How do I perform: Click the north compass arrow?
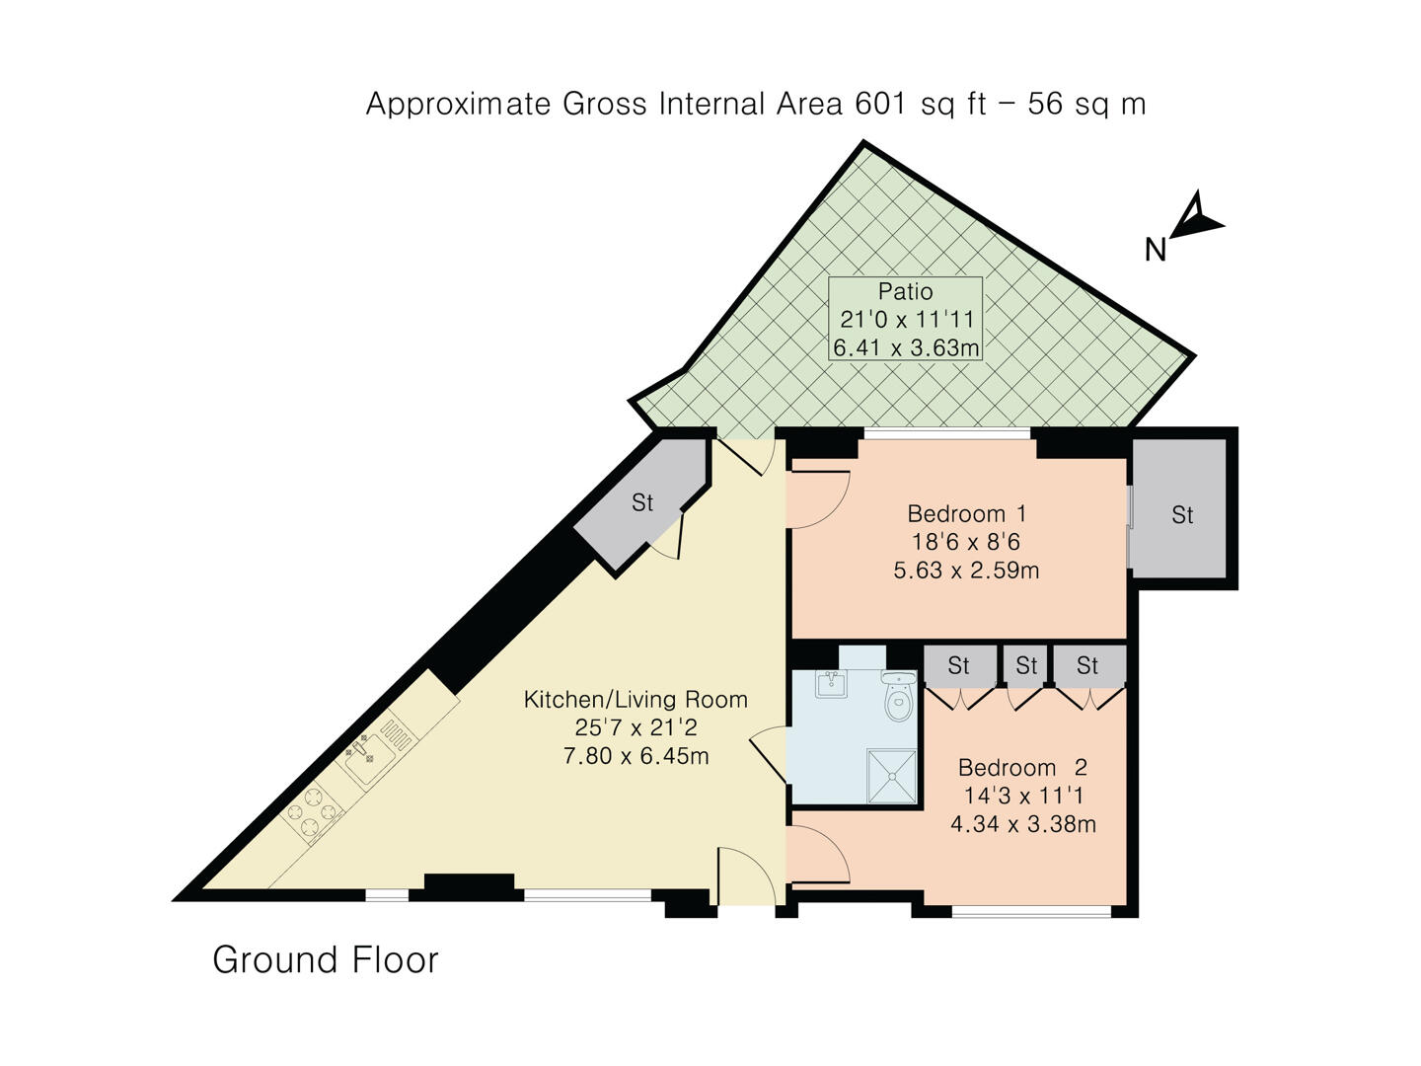click(1196, 218)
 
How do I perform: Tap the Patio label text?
click(905, 291)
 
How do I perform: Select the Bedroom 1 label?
click(966, 513)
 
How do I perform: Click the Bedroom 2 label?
click(1022, 767)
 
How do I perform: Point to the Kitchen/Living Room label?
click(635, 700)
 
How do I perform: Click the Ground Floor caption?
click(325, 959)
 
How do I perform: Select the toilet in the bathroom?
click(898, 700)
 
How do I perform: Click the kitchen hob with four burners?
click(314, 813)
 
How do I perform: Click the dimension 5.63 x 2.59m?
click(966, 571)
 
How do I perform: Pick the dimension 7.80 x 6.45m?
click(635, 756)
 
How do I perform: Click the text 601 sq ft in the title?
click(921, 104)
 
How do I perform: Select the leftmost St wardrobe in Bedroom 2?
click(958, 666)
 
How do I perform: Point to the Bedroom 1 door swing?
click(817, 498)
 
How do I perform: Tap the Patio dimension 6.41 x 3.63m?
click(905, 347)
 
